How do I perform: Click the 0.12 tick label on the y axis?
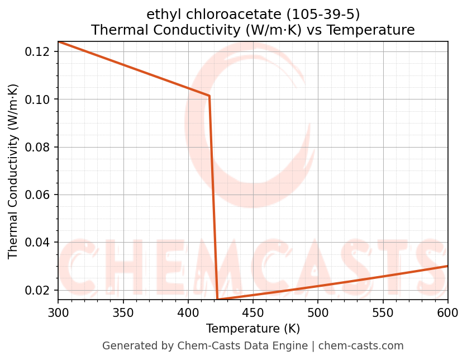coord(39,52)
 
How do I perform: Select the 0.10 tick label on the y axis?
coord(39,100)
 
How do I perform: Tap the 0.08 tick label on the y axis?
coord(39,147)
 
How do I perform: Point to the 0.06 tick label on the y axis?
coord(39,195)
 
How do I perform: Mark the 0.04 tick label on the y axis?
coord(39,243)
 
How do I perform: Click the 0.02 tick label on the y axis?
coord(39,290)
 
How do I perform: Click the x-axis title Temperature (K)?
coord(252,328)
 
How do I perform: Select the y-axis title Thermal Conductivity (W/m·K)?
coord(13,171)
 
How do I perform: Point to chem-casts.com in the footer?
coord(361,346)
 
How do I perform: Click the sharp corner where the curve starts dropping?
coord(209,96)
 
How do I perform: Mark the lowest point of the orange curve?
coord(217,300)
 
